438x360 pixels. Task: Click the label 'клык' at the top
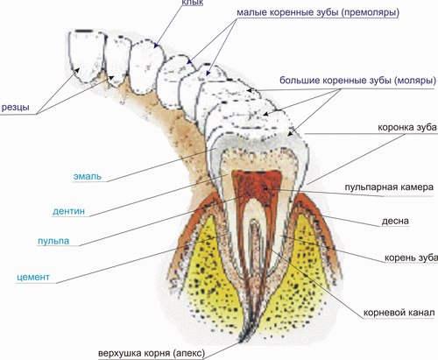point(192,3)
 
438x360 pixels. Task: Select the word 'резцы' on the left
point(16,107)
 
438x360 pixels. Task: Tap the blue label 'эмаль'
point(88,176)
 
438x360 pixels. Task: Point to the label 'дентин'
point(68,211)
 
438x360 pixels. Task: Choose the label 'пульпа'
point(53,241)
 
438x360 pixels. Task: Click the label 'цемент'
point(33,277)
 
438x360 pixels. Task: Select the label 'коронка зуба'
point(407,128)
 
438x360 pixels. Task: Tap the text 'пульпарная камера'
point(389,187)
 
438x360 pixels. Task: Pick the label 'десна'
point(395,221)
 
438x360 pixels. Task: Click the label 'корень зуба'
point(411,258)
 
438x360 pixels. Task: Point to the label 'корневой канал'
point(399,313)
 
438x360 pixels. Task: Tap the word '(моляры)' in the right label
point(415,80)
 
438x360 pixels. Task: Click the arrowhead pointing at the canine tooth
point(156,46)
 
